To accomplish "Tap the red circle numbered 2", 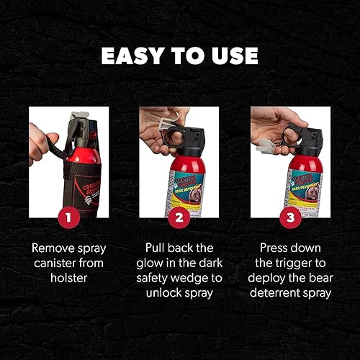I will pyautogui.click(x=180, y=215).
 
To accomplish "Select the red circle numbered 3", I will pyautogui.click(x=290, y=215).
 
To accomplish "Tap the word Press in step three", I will pyautogui.click(x=275, y=248).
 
